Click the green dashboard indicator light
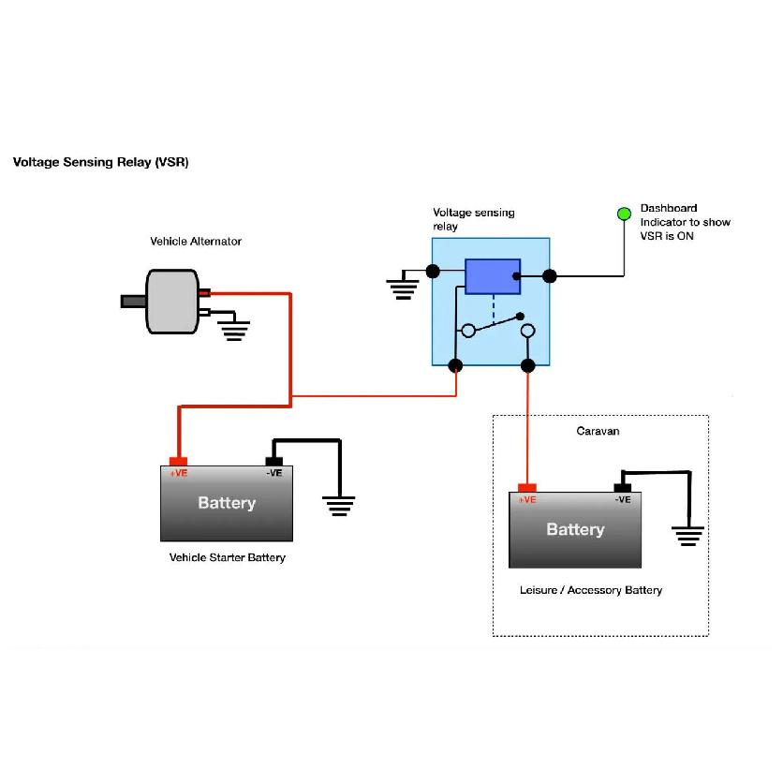pyautogui.click(x=624, y=214)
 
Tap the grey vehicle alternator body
pyautogui.click(x=172, y=302)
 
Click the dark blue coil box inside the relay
pyautogui.click(x=493, y=276)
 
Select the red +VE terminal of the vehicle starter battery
pyautogui.click(x=178, y=462)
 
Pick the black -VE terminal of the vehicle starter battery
pyautogui.click(x=274, y=462)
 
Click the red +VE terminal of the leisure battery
pyautogui.click(x=526, y=488)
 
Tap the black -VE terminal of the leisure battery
pyautogui.click(x=622, y=488)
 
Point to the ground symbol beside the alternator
pyautogui.click(x=234, y=331)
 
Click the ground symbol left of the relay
pyautogui.click(x=403, y=289)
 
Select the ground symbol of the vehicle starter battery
pyautogui.click(x=338, y=506)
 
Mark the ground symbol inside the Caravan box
pyautogui.click(x=687, y=536)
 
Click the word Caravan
pyautogui.click(x=598, y=431)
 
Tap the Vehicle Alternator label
pyautogui.click(x=196, y=242)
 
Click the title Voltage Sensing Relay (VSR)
pyautogui.click(x=101, y=162)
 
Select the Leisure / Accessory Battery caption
pyautogui.click(x=591, y=590)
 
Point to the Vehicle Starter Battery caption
pyautogui.click(x=228, y=557)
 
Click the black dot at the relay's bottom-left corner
pyautogui.click(x=455, y=365)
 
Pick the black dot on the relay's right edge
pyautogui.click(x=549, y=275)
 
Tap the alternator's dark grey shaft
pyautogui.click(x=133, y=301)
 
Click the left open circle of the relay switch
pyautogui.click(x=468, y=331)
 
